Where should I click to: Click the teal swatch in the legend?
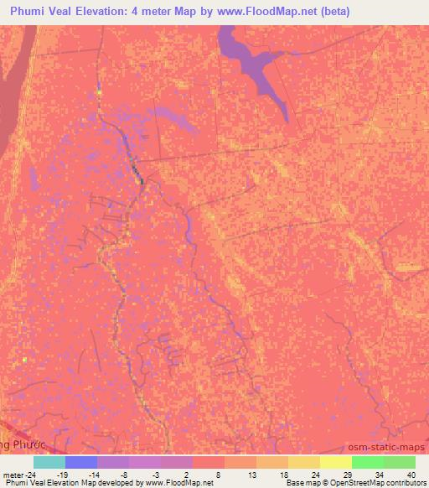(x=49, y=462)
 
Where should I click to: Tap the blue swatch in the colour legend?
(x=81, y=462)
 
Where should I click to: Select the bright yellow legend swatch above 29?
(x=336, y=462)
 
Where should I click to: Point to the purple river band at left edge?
(x=12, y=92)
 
